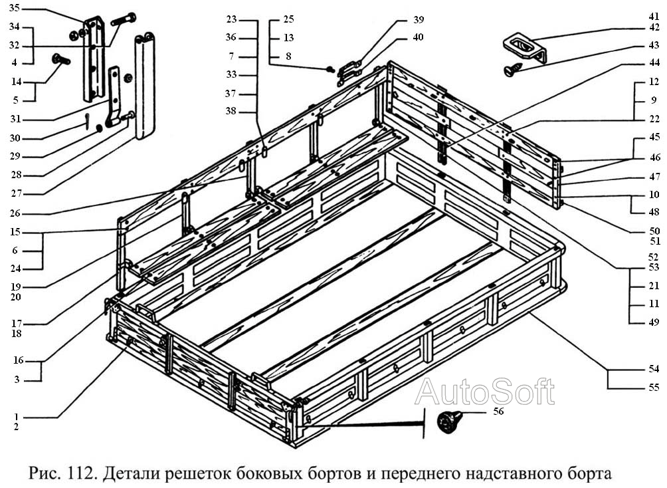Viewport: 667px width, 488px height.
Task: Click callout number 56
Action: tap(499, 412)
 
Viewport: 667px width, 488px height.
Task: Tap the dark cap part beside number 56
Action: tap(448, 422)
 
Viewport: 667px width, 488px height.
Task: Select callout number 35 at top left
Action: tap(15, 9)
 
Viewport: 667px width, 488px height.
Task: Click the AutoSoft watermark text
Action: tap(484, 392)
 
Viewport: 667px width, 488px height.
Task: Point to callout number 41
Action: tap(654, 15)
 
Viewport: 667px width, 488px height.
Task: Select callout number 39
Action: tap(417, 20)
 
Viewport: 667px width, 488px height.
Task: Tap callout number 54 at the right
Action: tap(654, 368)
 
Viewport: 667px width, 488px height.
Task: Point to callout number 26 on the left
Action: tap(15, 213)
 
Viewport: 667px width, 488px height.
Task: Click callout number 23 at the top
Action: tap(231, 19)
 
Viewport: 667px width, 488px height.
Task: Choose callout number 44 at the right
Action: tap(654, 64)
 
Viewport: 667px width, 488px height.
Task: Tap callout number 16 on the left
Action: tap(18, 361)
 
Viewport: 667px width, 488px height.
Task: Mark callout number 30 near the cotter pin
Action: tap(15, 138)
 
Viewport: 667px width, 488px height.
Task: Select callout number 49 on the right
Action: tap(654, 322)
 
